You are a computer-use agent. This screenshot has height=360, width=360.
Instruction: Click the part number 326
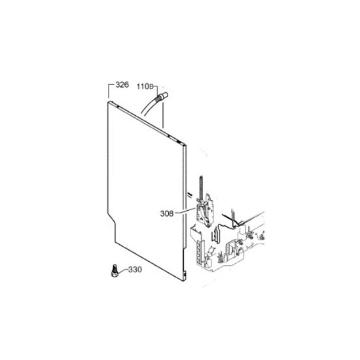122,84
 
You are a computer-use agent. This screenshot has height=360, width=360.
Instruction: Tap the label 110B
145,86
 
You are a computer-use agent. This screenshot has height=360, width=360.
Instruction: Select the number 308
167,214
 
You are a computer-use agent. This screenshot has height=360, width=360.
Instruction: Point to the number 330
135,269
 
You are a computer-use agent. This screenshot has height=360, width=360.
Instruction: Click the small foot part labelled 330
114,271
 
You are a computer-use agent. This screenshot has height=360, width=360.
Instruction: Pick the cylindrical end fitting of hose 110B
165,95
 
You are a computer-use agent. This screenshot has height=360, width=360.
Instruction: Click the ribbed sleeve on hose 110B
158,100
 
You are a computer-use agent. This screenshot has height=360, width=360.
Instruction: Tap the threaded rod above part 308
202,188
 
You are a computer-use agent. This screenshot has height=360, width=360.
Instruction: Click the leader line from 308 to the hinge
185,211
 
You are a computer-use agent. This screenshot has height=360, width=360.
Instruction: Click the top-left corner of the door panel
108,102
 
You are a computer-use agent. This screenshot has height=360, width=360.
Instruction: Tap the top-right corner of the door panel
185,145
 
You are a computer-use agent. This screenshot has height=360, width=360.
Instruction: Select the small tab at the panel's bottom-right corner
185,274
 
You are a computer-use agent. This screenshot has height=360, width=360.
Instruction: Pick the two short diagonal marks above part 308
189,194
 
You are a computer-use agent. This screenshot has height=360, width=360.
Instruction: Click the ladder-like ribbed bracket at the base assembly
199,250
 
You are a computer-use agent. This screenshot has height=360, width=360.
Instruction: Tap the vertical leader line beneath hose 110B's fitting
163,115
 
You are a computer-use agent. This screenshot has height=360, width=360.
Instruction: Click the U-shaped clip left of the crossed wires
216,235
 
